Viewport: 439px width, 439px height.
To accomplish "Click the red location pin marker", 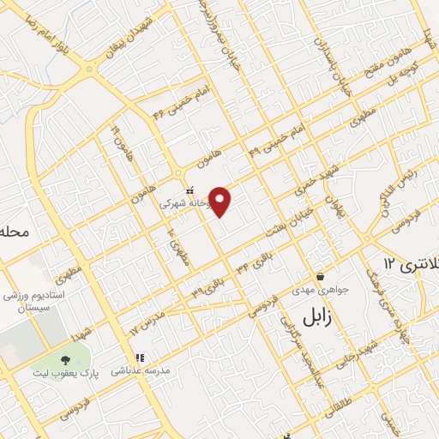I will point(221,201).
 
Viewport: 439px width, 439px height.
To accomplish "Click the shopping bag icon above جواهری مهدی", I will point(320,277).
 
